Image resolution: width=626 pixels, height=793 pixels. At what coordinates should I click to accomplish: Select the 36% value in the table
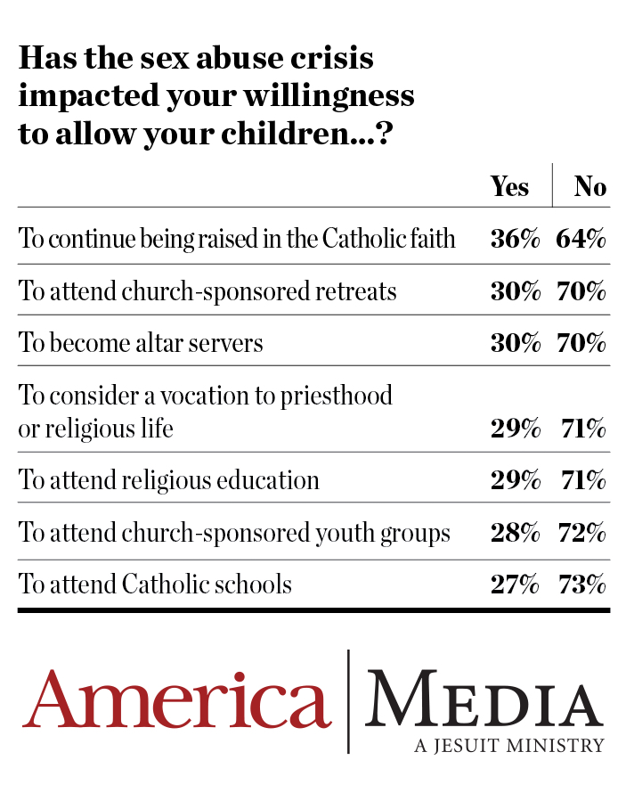(515, 239)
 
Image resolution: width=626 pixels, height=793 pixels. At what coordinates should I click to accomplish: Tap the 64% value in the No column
(581, 239)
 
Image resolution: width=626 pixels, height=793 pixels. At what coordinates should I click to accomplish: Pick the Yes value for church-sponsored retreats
(515, 290)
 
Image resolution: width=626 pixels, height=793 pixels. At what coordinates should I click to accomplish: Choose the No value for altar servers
(581, 342)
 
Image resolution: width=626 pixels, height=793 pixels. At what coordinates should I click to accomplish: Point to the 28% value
(515, 533)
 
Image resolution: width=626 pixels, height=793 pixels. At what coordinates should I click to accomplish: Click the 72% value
(581, 533)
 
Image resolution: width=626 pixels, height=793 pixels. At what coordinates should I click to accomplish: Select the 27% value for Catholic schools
(515, 585)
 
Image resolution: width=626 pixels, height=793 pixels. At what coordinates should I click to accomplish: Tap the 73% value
(581, 585)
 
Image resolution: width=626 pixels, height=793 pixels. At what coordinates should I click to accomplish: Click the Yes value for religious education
(515, 480)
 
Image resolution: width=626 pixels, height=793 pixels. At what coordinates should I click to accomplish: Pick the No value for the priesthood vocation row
(582, 429)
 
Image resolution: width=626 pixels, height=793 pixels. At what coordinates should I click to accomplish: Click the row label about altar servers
(141, 343)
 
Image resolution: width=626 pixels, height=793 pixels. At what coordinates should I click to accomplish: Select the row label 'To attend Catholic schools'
(156, 585)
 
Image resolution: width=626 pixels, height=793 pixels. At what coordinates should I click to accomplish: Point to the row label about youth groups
(234, 533)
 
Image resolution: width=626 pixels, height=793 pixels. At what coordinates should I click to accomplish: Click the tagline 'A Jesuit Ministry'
(508, 745)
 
